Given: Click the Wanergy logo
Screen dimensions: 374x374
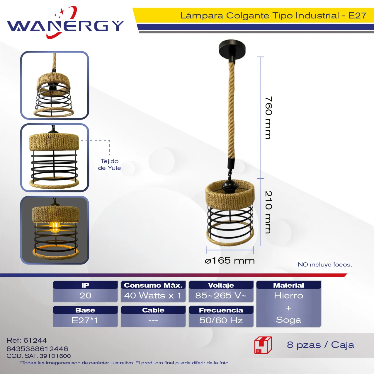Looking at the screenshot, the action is (65, 22).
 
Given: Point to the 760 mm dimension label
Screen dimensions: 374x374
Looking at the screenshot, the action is (268, 118).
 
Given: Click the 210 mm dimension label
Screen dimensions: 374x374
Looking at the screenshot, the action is (268, 212).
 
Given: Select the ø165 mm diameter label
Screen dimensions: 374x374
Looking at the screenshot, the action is (229, 261).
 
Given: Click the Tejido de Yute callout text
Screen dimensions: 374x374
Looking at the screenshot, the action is (109, 164).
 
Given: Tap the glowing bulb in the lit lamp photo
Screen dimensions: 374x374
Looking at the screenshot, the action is (55, 227).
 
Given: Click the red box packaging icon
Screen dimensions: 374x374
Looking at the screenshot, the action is (263, 345).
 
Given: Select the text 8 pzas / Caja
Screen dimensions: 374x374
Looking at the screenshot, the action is (321, 345).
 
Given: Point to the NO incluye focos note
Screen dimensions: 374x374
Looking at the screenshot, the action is (325, 264).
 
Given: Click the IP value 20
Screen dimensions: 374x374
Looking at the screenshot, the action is (85, 296).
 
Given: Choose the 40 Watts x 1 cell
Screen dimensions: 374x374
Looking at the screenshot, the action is (153, 296).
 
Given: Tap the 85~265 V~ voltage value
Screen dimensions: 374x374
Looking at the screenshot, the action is (221, 296).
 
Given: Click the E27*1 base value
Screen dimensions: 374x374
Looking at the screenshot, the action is (85, 320).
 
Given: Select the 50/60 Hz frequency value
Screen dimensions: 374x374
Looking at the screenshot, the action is (221, 320).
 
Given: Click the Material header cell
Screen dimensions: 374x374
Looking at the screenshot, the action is (288, 285).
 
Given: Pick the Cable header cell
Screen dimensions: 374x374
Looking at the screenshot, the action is (153, 310).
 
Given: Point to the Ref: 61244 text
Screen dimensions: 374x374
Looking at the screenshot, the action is (26, 340).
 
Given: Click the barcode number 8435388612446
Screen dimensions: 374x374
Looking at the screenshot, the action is (37, 349).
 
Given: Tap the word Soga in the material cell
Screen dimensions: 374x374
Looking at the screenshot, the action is (288, 320).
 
